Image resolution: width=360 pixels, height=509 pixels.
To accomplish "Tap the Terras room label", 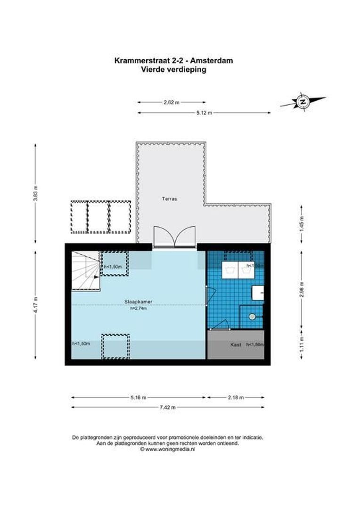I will click(171, 199).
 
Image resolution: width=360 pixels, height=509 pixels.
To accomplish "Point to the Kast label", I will click(236, 345).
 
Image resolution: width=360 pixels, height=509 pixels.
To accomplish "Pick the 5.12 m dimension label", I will click(204, 113).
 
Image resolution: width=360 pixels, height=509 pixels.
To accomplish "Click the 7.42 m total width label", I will click(167, 407).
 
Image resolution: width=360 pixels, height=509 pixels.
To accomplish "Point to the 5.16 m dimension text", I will click(138, 397).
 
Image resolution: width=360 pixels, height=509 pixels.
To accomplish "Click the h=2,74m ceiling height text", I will click(138, 309).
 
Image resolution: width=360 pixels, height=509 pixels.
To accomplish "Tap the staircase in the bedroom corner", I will click(85, 270).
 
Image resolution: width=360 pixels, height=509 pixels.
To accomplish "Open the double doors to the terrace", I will click(174, 236).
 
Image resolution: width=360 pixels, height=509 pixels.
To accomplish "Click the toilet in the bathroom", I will click(252, 317).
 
